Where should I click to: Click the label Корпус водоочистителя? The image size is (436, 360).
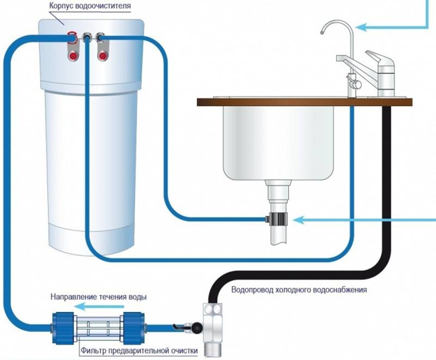90,5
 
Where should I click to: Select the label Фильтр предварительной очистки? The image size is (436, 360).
140,351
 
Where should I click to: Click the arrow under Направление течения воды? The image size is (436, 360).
100,307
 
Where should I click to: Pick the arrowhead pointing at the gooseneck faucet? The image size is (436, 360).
360,27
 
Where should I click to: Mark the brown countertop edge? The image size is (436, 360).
305,102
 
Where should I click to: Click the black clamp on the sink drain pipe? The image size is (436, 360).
278,218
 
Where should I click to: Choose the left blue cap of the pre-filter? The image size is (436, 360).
63,328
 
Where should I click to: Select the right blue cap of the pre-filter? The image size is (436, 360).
134,328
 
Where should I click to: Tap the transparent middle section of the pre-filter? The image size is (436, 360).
98,328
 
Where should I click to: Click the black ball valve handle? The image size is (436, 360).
198,328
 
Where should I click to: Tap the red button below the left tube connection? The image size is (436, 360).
73,56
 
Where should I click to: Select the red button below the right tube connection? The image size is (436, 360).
102,56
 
